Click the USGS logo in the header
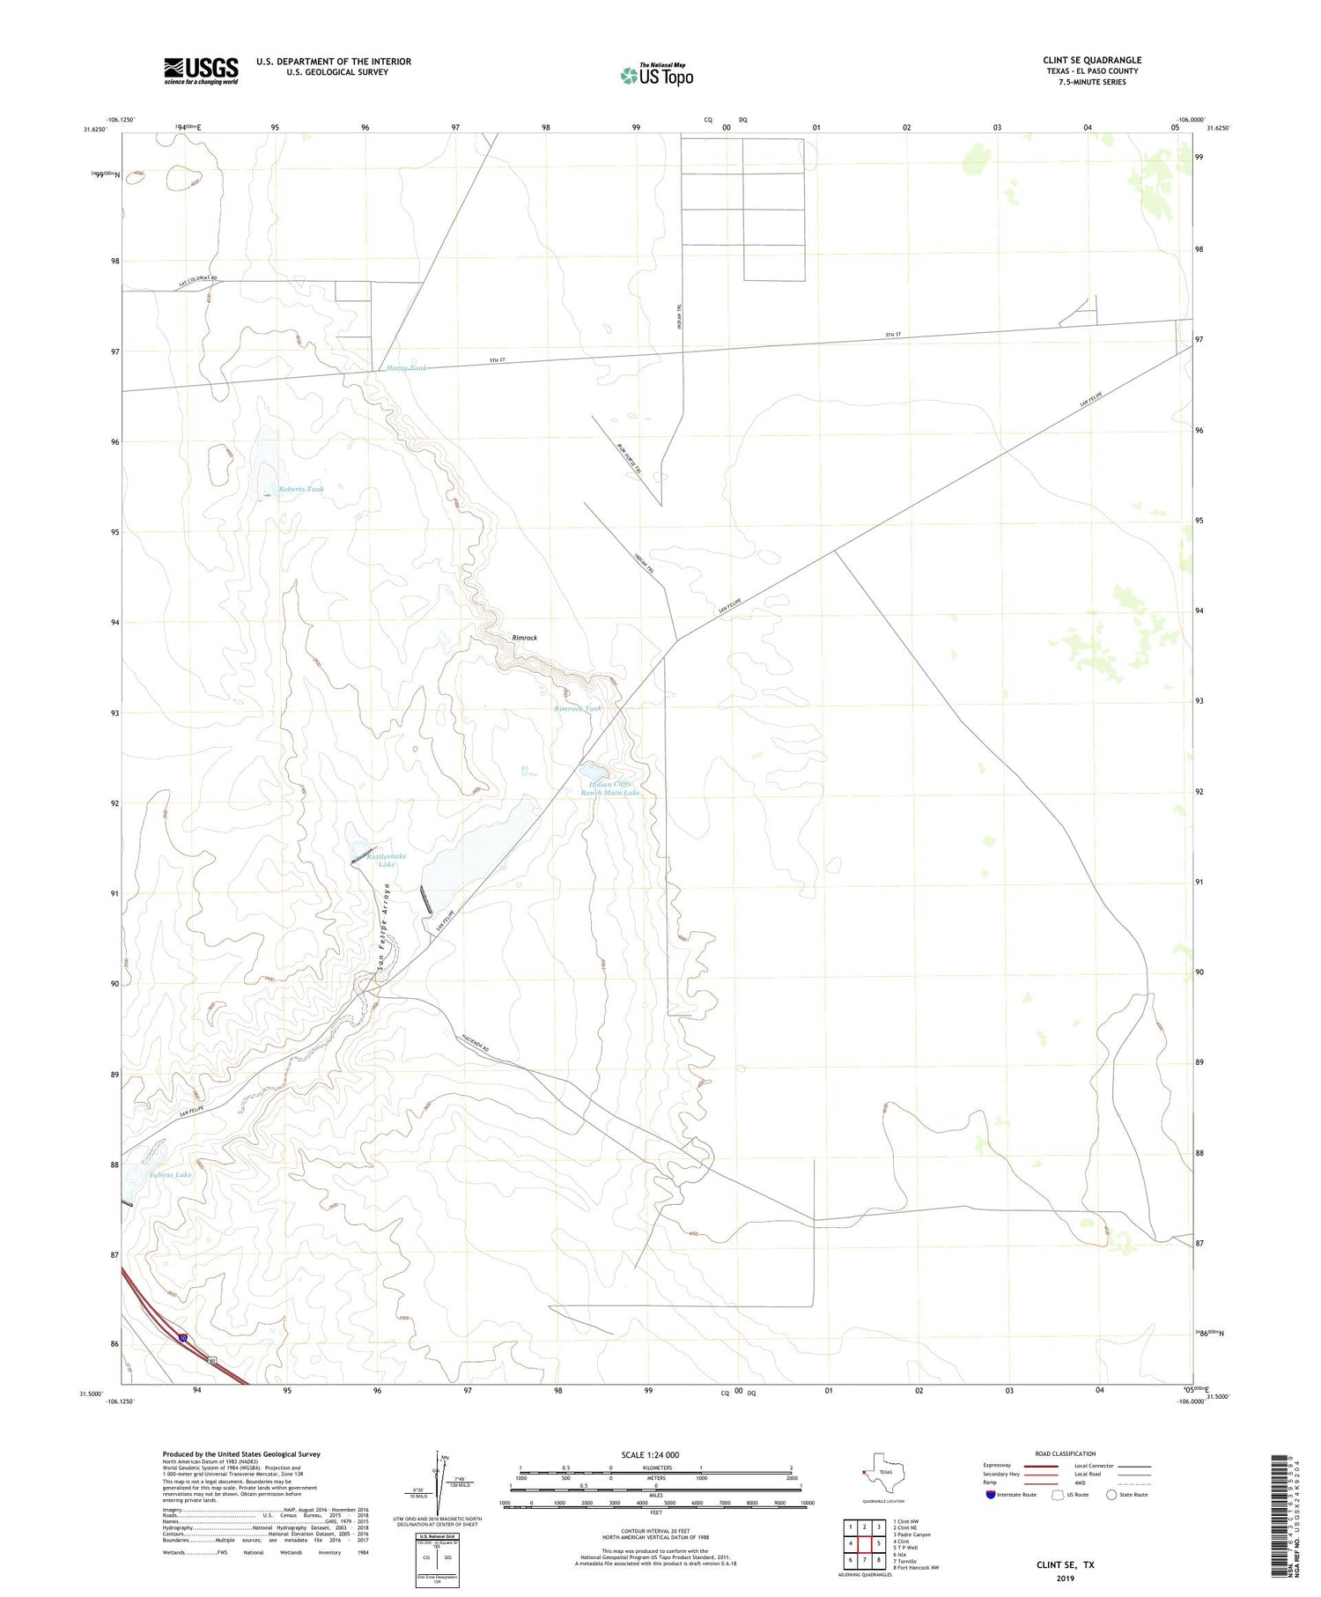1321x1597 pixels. (x=201, y=70)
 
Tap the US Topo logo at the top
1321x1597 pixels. (x=656, y=76)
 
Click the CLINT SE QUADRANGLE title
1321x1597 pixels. (x=1091, y=61)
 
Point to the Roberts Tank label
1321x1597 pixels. (x=301, y=489)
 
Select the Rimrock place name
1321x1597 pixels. (x=524, y=638)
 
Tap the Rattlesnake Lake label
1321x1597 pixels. (x=387, y=860)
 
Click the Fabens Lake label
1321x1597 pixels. (x=170, y=1174)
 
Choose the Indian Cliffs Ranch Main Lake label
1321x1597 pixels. (x=609, y=788)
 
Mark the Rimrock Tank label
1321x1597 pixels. (x=578, y=708)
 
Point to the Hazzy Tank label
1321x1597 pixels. (x=406, y=367)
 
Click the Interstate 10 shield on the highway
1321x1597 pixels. (x=182, y=1337)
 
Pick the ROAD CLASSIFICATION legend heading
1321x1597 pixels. (x=1065, y=1453)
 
